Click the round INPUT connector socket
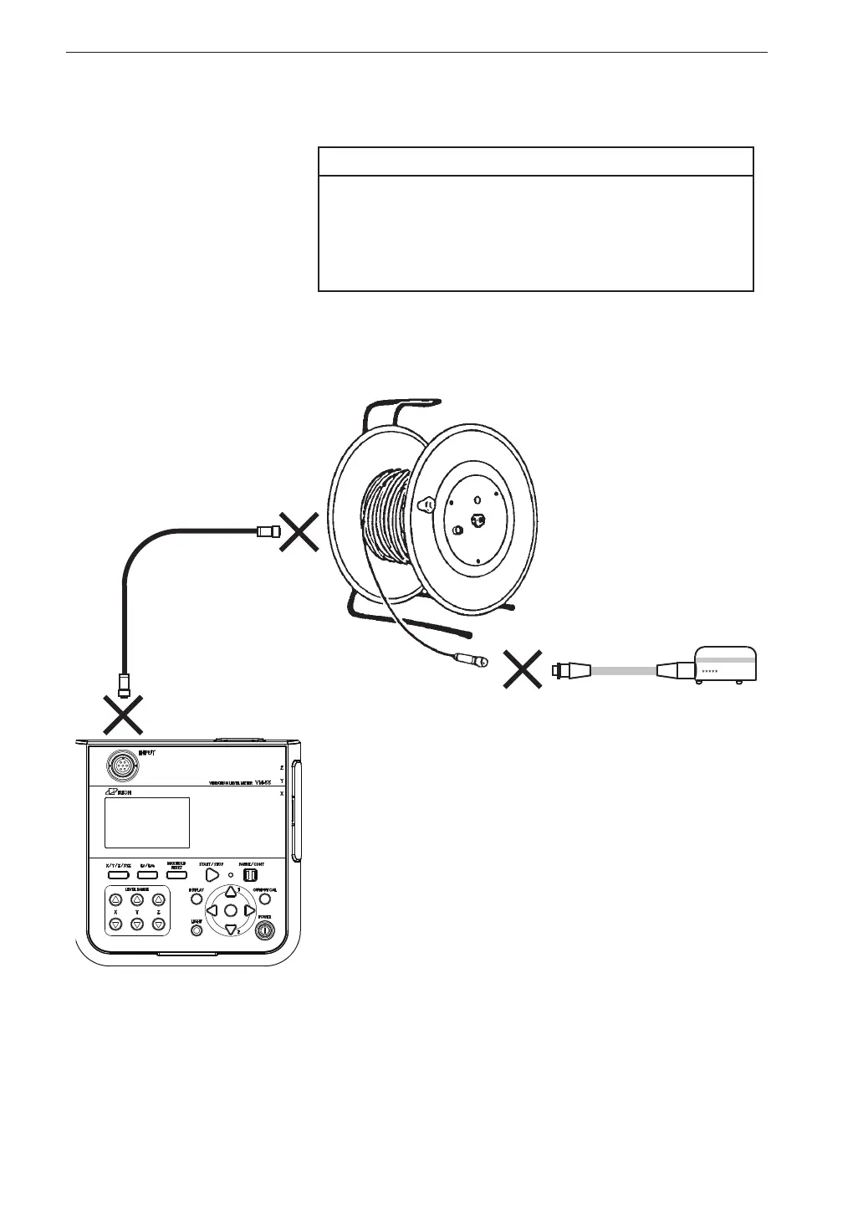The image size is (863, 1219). click(122, 765)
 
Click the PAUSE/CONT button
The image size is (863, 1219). click(248, 873)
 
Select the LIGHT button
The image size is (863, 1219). click(197, 929)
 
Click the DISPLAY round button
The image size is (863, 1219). click(197, 899)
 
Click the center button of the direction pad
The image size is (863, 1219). click(230, 909)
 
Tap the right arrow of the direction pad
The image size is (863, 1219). click(249, 909)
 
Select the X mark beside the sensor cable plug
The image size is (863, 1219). click(523, 669)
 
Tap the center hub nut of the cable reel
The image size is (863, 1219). click(479, 520)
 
